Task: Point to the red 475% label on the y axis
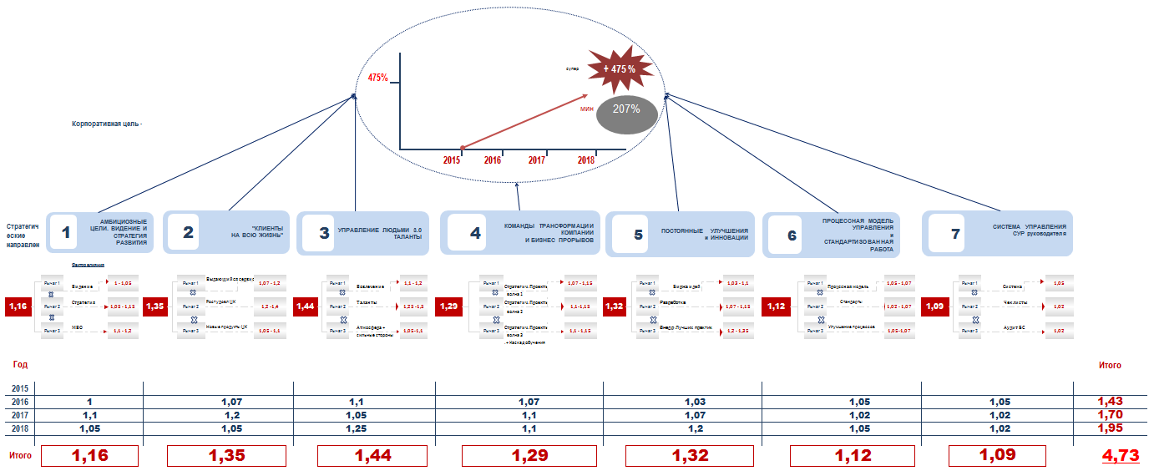tap(377, 78)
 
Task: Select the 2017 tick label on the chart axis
tap(537, 160)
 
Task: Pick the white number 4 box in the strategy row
tap(475, 233)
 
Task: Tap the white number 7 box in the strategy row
tap(955, 233)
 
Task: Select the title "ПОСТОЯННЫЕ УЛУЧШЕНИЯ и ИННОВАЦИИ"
tap(704, 233)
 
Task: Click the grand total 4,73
tap(1121, 456)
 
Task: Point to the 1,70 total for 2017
tap(1110, 415)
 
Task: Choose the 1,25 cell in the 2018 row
tap(364, 428)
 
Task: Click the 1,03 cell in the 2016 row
tap(695, 402)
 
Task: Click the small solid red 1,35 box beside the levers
tap(155, 306)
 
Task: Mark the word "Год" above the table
tap(20, 364)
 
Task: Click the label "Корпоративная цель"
tap(107, 124)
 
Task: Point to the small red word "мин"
tap(586, 109)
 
